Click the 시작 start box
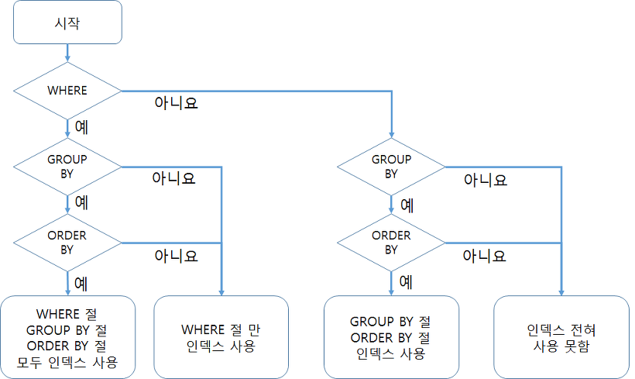pos(67,22)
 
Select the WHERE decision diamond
pos(67,91)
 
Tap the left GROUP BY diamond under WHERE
pos(67,167)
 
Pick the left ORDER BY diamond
pos(67,243)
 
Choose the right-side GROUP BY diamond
pos(391,167)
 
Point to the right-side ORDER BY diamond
pos(391,243)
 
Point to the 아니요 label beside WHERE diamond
pos(177,102)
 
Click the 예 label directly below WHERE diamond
pos(81,126)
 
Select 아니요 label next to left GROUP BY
pos(173,179)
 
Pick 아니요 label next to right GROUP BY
pos(485,180)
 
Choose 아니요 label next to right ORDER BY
pos(485,255)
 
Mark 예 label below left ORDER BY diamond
pos(81,282)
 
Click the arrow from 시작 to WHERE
pos(67,52)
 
